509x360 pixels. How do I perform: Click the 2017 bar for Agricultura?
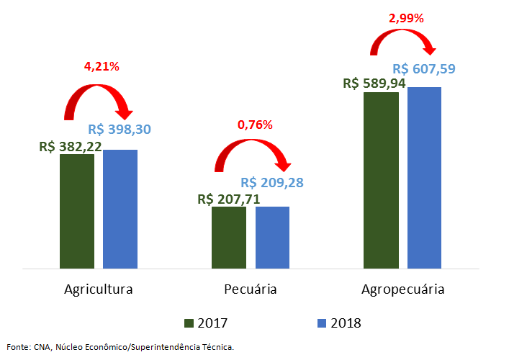point(77,212)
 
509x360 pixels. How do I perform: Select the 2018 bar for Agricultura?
point(120,210)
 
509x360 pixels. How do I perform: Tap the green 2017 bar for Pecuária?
point(229,238)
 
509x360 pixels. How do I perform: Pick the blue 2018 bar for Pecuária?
point(272,238)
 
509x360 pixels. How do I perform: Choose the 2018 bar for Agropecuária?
point(424,178)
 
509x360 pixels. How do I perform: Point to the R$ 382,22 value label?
point(71,146)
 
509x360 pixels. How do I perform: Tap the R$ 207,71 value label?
point(228,199)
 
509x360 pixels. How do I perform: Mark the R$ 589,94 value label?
point(374,84)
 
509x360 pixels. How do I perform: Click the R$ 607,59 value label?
point(424,69)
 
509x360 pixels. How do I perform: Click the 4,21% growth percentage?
point(102,67)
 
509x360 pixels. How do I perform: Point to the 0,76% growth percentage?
point(255,125)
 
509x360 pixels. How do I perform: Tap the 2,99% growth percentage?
point(406,19)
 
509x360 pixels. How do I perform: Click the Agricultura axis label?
point(99,290)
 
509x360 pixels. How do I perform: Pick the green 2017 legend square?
point(189,323)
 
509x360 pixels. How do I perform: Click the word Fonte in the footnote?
point(17,347)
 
